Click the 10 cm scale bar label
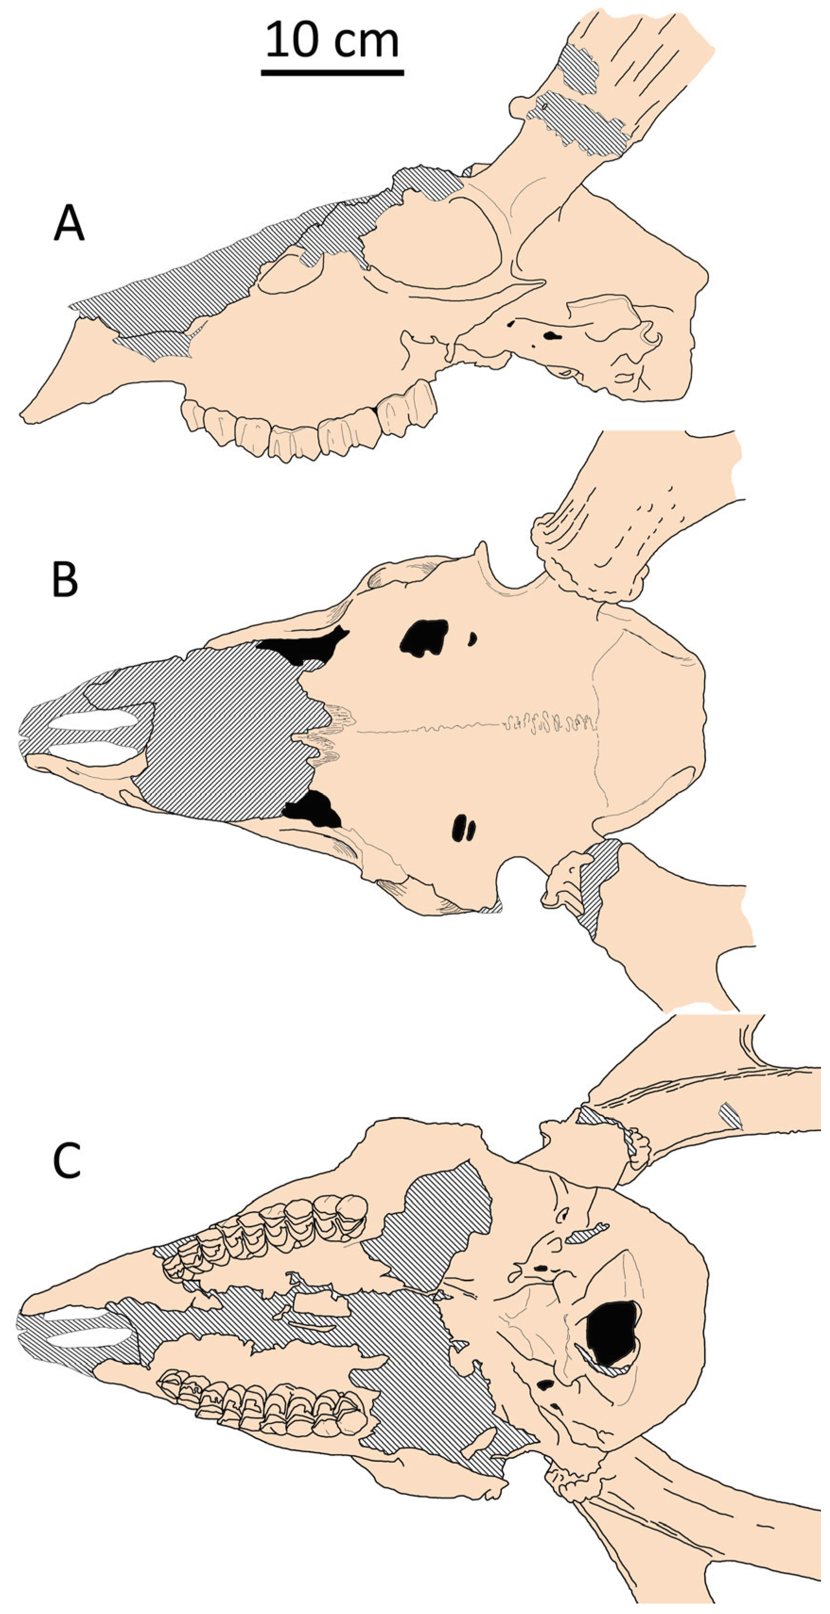(332, 39)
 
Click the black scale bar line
(332, 73)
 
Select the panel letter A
(69, 224)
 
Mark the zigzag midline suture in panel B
(551, 724)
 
